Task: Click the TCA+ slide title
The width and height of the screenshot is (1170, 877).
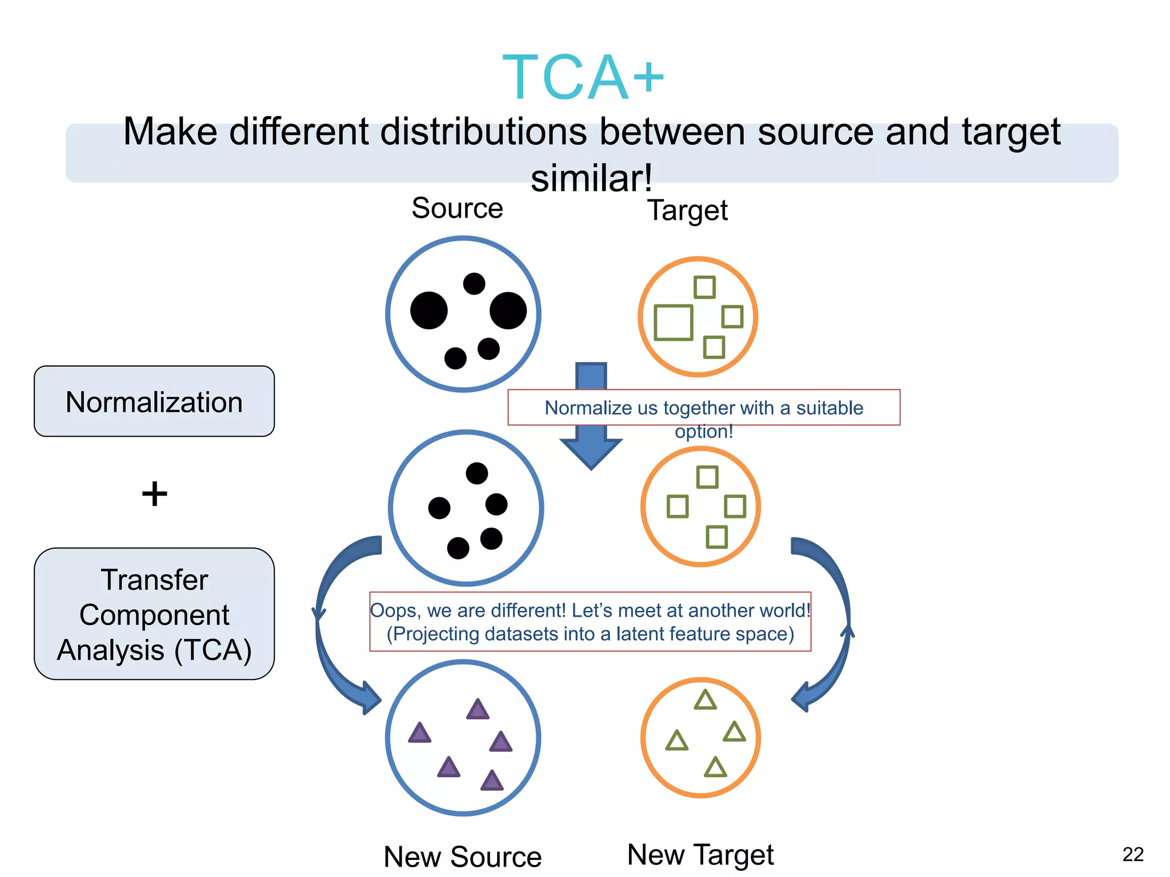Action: click(x=583, y=77)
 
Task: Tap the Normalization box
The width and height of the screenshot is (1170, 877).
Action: click(x=154, y=401)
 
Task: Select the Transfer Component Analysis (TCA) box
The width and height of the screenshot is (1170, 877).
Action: click(x=154, y=614)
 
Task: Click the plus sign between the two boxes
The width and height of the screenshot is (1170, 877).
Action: click(x=154, y=494)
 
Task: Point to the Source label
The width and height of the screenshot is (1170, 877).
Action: click(x=457, y=208)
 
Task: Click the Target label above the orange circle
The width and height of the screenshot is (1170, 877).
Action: click(x=687, y=210)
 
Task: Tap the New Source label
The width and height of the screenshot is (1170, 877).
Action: click(x=462, y=856)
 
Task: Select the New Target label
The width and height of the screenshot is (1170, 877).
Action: click(x=700, y=854)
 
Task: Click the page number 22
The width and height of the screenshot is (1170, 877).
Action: click(x=1132, y=854)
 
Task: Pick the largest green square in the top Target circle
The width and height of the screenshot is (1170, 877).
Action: click(x=673, y=323)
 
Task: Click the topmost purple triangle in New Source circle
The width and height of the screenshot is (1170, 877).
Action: click(x=478, y=710)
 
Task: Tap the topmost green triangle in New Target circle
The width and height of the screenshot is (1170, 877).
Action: click(x=705, y=701)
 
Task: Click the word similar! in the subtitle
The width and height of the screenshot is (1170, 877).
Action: click(x=591, y=178)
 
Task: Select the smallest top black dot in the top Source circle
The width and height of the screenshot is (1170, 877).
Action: click(x=474, y=283)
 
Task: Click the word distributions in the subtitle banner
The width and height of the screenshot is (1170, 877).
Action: click(x=483, y=131)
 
